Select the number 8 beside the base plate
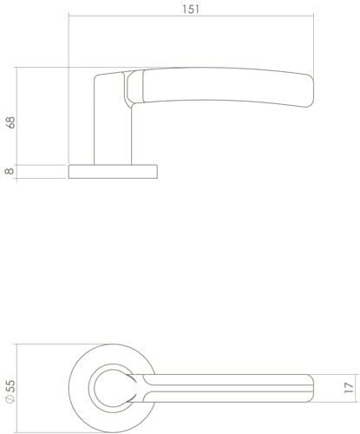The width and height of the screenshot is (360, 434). [x=10, y=171]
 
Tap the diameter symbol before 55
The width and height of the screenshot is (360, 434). [x=10, y=402]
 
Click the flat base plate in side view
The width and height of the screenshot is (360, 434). [x=113, y=171]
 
